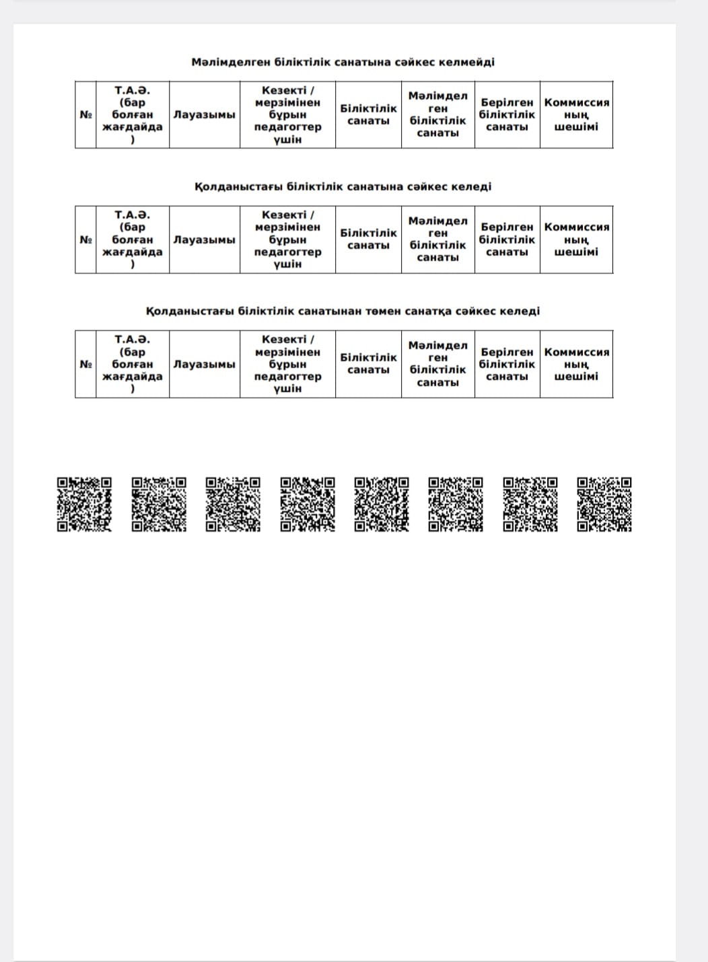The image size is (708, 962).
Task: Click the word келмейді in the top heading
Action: click(x=466, y=62)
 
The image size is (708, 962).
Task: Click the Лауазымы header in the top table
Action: click(x=205, y=114)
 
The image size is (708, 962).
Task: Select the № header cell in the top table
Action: click(x=85, y=114)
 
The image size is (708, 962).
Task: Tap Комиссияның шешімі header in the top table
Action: click(x=576, y=114)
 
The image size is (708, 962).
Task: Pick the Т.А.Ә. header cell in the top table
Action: click(x=132, y=114)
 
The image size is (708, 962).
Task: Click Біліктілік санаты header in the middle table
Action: click(x=368, y=239)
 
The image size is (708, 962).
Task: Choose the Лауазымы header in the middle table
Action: click(x=205, y=239)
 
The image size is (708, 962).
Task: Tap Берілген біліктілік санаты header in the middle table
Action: click(x=507, y=239)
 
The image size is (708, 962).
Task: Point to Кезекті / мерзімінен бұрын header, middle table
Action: click(x=287, y=239)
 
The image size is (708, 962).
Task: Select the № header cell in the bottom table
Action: click(x=85, y=364)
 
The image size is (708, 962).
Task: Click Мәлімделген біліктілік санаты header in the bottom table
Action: click(x=437, y=364)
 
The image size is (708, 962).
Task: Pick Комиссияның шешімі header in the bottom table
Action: click(x=576, y=364)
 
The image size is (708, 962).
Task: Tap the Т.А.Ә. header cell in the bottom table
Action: click(x=132, y=364)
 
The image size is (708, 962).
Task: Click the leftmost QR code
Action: click(x=84, y=505)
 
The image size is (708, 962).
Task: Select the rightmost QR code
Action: click(x=604, y=505)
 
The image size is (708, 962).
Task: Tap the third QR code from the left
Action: click(x=233, y=505)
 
